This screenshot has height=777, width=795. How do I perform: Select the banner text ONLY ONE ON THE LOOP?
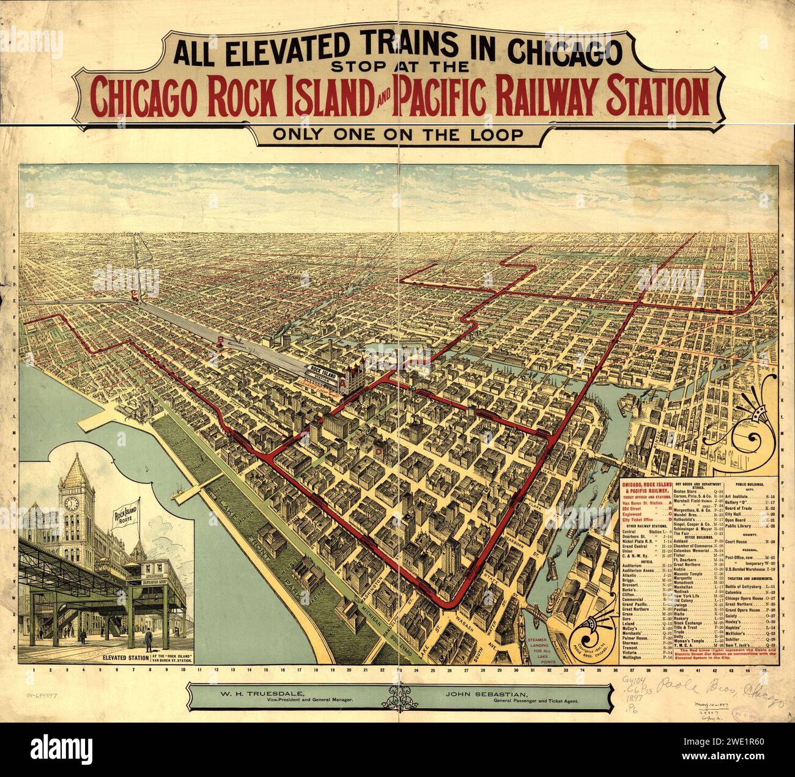tap(398, 134)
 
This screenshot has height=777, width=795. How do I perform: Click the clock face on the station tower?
tap(72, 503)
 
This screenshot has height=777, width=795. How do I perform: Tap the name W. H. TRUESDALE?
tap(256, 695)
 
